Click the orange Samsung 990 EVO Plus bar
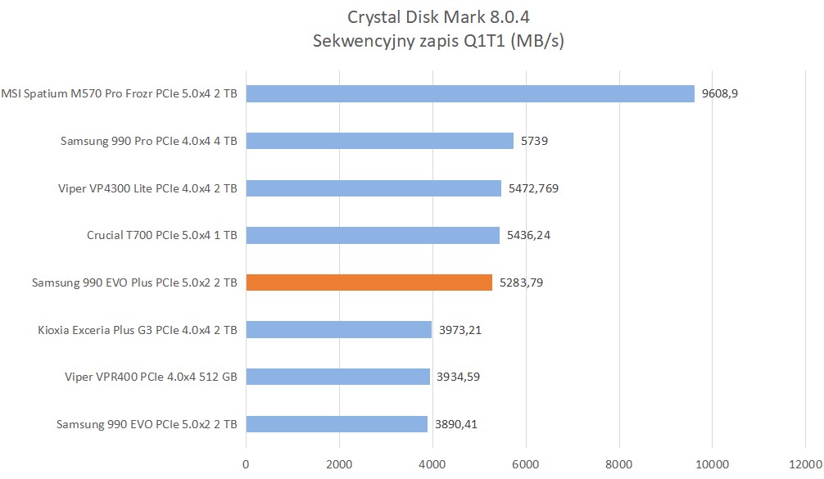(x=369, y=282)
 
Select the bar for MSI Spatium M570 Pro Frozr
(x=470, y=93)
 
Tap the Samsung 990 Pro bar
(x=379, y=141)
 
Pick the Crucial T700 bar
(x=373, y=236)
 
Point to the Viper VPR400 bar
(x=337, y=377)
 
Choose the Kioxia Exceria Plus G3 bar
(x=338, y=330)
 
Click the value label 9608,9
(x=720, y=93)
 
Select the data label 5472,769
(x=533, y=188)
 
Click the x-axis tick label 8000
(x=619, y=463)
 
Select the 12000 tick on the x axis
(x=805, y=463)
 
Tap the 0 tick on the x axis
(x=246, y=463)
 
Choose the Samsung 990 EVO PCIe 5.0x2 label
(x=147, y=424)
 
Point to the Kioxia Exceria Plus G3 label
(x=138, y=330)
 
